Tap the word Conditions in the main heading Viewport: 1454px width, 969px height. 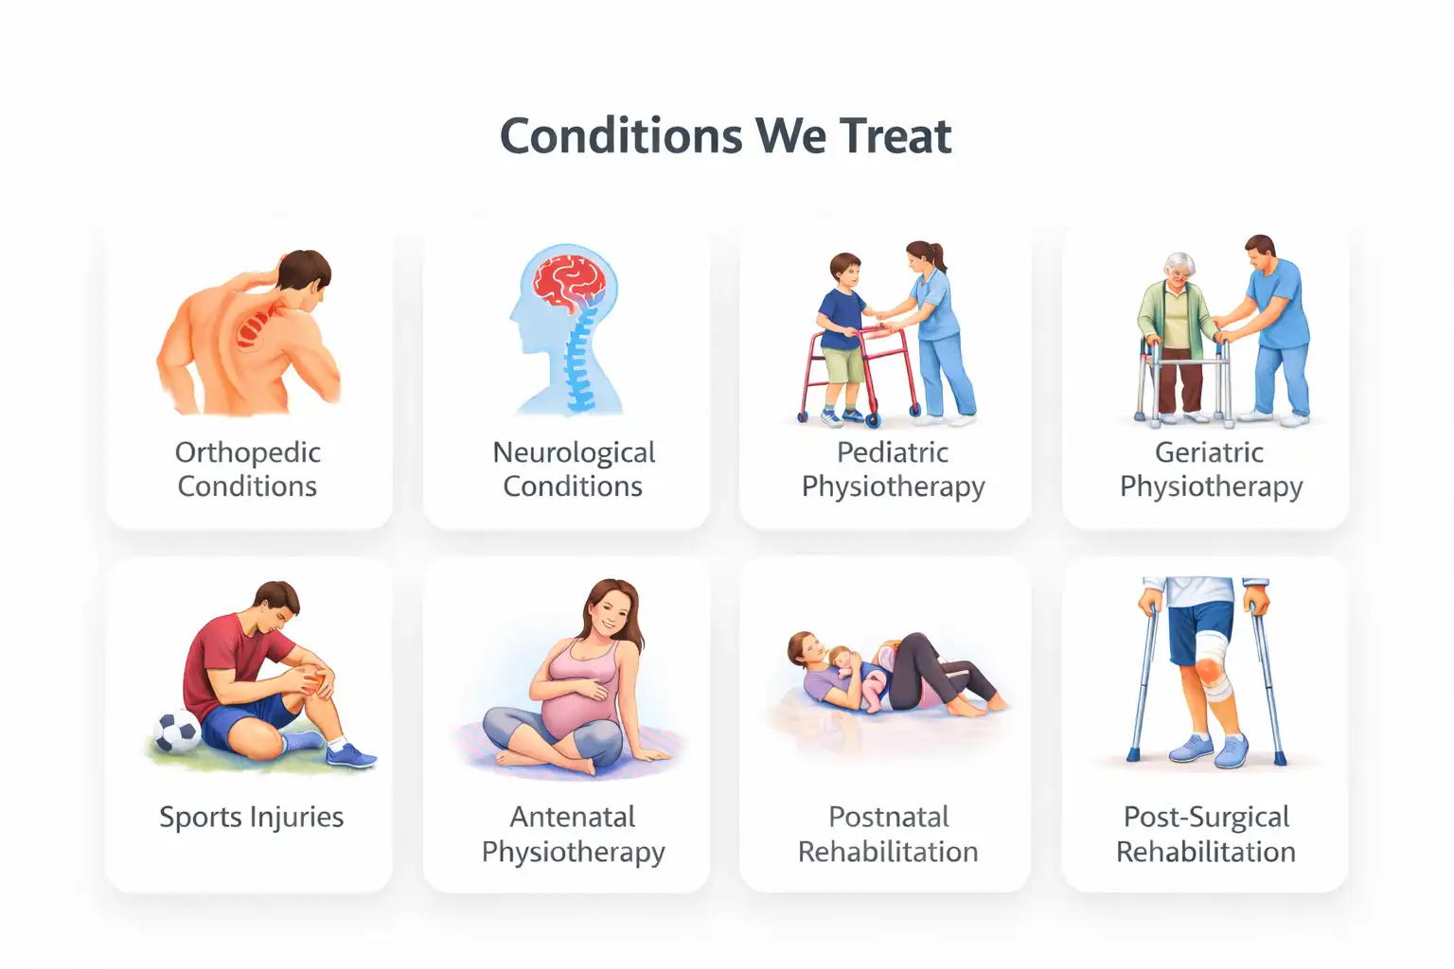621,136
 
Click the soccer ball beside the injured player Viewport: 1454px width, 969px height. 177,731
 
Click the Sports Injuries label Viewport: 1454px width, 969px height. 251,817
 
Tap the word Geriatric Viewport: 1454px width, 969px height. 1209,452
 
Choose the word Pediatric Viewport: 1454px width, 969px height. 892,452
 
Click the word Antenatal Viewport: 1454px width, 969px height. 572,817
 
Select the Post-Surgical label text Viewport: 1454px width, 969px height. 1206,817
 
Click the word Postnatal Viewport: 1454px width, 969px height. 888,817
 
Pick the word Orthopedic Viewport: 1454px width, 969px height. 247,452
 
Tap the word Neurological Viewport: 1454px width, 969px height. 573,452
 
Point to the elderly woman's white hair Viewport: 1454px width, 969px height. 1179,262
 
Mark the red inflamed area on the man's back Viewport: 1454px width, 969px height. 254,327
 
